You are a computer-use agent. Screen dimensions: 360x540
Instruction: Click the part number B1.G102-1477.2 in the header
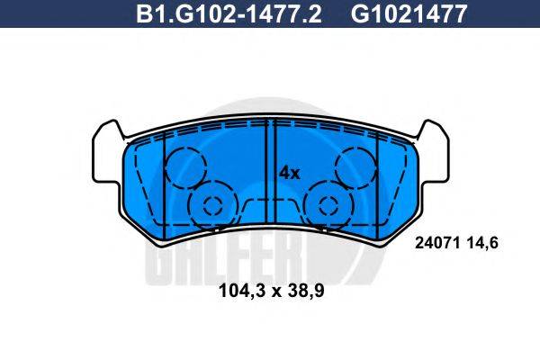228,13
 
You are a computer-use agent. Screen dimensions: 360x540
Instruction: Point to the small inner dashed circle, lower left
213,204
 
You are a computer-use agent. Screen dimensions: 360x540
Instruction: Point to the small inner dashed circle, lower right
326,204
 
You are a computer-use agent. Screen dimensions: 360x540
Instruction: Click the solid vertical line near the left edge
163,180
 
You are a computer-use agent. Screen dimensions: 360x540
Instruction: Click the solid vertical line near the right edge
378,180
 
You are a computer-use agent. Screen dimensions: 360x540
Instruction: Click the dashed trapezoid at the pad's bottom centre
270,209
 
